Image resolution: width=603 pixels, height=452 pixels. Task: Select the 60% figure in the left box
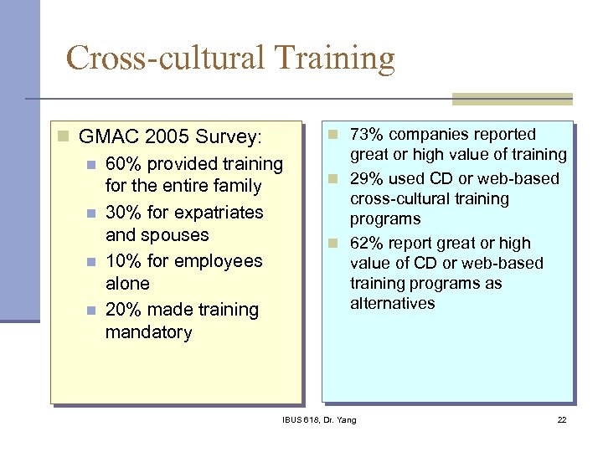point(124,164)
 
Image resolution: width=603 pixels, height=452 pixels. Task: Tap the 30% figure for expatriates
point(124,213)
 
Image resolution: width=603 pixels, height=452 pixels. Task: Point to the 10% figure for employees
point(124,261)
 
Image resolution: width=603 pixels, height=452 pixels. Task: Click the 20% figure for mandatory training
point(124,310)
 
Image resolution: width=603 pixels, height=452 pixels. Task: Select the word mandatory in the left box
point(148,332)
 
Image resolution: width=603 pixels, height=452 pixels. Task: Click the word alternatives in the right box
point(392,303)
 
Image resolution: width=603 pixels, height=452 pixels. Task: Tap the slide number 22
point(562,419)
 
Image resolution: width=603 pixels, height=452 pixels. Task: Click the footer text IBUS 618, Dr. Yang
point(318,419)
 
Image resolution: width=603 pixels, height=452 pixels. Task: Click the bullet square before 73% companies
point(332,135)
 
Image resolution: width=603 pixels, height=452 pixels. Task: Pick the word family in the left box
point(237,187)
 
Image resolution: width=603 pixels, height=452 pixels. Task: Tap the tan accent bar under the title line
point(512,99)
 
